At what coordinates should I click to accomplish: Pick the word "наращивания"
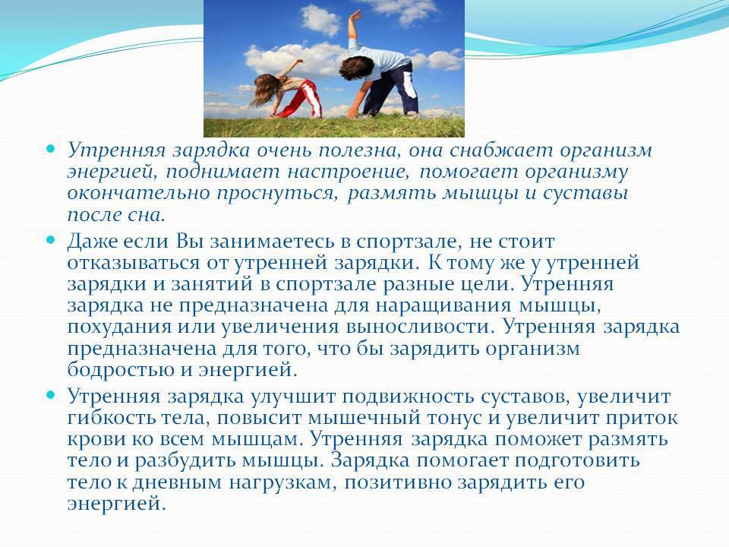[x=443, y=306]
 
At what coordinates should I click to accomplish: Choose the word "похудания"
[x=119, y=327]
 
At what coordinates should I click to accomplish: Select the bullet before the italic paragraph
[x=51, y=150]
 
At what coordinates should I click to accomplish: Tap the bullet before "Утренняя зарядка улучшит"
[x=51, y=395]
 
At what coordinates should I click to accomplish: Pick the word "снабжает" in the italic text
[x=500, y=150]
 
